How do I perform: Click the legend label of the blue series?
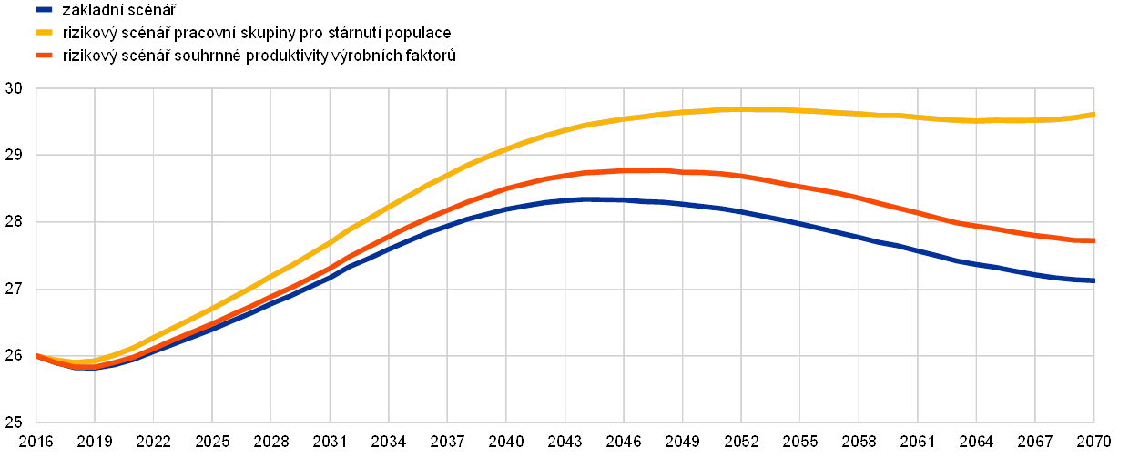point(117,10)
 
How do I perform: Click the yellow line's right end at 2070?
point(1093,115)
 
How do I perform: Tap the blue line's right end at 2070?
point(1093,280)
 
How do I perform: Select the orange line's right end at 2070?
point(1093,240)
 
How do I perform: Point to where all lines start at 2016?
point(36,355)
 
